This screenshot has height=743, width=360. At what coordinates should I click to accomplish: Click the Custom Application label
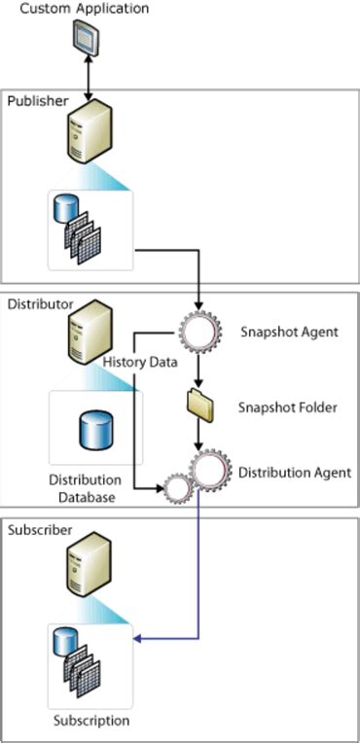[85, 9]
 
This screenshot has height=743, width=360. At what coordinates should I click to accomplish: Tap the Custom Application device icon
[89, 38]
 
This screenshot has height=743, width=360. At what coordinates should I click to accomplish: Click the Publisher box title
[38, 100]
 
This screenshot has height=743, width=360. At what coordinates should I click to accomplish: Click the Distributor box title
[41, 304]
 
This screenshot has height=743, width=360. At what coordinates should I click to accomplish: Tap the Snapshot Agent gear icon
[199, 332]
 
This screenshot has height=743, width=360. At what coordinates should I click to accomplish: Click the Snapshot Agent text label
[289, 332]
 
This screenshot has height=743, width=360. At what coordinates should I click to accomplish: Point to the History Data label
[140, 362]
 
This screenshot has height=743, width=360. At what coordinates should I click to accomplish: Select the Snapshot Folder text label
[289, 407]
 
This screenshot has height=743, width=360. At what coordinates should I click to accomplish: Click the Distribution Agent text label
[295, 473]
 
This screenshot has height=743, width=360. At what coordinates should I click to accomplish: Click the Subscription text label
[90, 721]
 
